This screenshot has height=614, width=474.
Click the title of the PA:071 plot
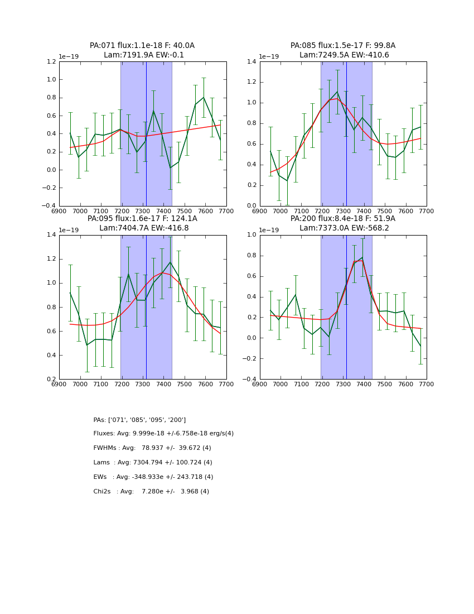142,50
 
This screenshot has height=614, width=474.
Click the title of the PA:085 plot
343,50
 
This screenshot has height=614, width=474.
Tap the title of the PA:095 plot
142,223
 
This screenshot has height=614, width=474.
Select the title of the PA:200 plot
343,223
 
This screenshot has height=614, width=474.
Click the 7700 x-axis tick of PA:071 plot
226,211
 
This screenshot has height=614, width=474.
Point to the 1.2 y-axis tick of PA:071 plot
51,62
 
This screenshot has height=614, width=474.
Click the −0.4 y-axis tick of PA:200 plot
250,379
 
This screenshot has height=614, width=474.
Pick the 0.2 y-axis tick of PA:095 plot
51,379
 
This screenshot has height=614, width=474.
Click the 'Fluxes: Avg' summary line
163,434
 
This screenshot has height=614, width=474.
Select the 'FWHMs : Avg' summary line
152,448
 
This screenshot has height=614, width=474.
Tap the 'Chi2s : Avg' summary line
151,492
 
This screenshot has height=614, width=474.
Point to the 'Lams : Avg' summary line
153,463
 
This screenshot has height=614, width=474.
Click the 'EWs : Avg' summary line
153,477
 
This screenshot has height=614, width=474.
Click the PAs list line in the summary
139,420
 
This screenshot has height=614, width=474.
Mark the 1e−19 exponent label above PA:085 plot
270,56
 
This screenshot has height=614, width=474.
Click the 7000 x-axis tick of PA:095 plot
80,384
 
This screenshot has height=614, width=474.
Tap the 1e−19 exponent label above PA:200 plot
270,230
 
